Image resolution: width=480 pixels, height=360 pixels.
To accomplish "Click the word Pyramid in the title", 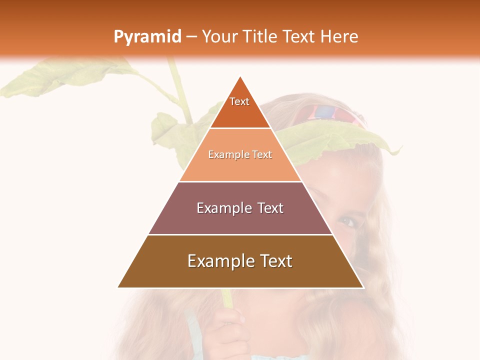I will tap(147, 37).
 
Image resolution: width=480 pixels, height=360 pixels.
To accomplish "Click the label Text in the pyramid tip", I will tap(239, 101).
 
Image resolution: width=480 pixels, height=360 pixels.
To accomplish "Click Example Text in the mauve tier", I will tap(240, 208).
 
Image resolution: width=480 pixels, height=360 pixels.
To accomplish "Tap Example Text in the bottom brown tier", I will tap(240, 261).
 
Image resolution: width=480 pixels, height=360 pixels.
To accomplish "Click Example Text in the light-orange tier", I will tap(240, 154).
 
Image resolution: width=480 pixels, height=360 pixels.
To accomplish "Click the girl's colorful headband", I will tap(325, 114).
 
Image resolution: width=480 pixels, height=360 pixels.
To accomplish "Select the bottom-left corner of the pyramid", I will tap(118, 287).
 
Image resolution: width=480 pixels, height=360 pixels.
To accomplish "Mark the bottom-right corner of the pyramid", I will tap(363, 287).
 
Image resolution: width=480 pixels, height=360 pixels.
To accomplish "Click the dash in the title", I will tap(191, 37).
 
